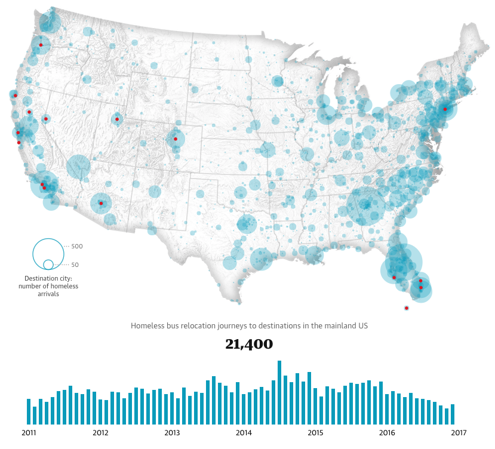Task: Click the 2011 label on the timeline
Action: (28, 433)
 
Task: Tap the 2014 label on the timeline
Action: (244, 433)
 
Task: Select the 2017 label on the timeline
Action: (459, 433)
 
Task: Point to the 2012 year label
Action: (100, 433)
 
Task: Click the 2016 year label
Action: (387, 433)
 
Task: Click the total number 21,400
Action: (249, 345)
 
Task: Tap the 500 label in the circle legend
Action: (77, 247)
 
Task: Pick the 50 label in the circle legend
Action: (75, 265)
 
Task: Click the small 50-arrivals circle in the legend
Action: (48, 265)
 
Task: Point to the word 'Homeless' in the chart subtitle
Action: (146, 326)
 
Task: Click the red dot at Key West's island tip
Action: (406, 308)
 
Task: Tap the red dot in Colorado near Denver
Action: (176, 139)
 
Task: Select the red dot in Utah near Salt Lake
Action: (117, 119)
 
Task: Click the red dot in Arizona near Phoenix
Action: (101, 204)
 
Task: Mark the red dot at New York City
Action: (445, 109)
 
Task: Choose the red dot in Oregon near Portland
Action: (41, 45)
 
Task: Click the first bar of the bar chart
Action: (29, 411)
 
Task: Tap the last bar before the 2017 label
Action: (453, 414)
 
